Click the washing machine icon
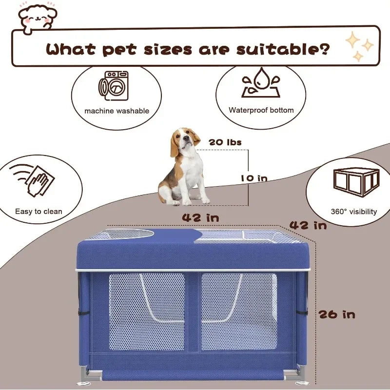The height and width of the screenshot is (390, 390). click(114, 86)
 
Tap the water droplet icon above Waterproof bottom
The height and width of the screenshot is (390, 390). click(261, 82)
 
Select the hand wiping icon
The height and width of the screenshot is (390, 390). click(32, 180)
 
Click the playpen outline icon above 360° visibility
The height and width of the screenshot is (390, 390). click(356, 182)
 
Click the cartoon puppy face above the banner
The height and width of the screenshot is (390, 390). click(38, 18)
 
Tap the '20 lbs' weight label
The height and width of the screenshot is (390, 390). click(225, 142)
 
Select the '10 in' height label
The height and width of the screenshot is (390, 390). click(254, 178)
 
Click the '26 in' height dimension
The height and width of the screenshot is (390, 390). click(337, 314)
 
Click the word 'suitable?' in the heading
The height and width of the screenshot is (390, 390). click(283, 49)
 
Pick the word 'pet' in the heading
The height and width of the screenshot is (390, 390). click(119, 50)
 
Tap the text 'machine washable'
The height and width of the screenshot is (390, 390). click(117, 111)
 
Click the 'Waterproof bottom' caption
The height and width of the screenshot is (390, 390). click(261, 110)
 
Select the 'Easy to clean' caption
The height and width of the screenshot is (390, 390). click(39, 212)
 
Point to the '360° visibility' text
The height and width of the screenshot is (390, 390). click(354, 212)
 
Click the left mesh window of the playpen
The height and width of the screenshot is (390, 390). click(147, 312)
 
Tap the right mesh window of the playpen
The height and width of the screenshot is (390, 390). click(239, 312)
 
